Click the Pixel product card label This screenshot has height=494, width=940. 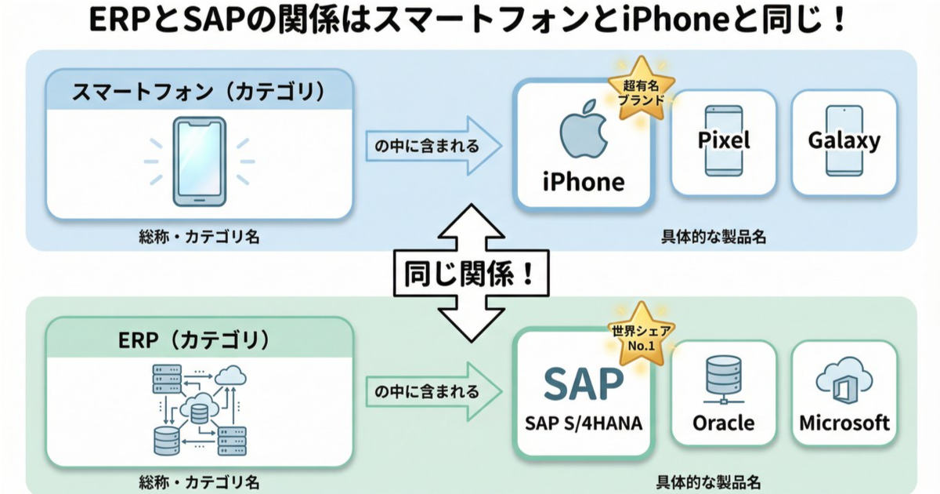pyautogui.click(x=723, y=140)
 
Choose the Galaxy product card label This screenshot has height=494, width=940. pyautogui.click(x=844, y=141)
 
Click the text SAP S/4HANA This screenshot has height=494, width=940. pyautogui.click(x=584, y=423)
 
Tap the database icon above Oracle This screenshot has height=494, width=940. pyautogui.click(x=723, y=381)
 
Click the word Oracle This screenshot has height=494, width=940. pyautogui.click(x=723, y=423)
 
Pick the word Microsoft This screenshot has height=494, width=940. pyautogui.click(x=844, y=423)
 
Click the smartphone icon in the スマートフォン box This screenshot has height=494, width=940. pyautogui.click(x=199, y=162)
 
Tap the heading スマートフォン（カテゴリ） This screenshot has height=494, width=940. pyautogui.click(x=198, y=92)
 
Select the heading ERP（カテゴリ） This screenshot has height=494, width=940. pyautogui.click(x=198, y=340)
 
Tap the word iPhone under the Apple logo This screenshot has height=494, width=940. pyautogui.click(x=584, y=182)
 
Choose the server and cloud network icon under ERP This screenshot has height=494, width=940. pyautogui.click(x=198, y=408)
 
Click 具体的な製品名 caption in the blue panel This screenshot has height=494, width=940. pyautogui.click(x=711, y=235)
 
